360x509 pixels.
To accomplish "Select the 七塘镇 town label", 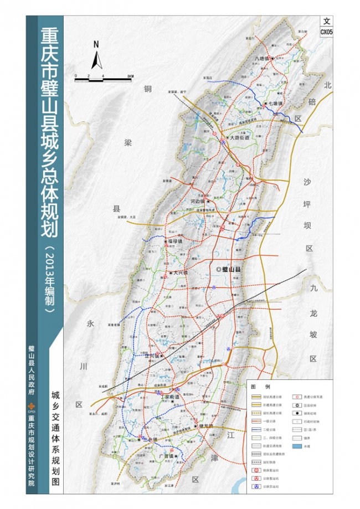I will [275, 103].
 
